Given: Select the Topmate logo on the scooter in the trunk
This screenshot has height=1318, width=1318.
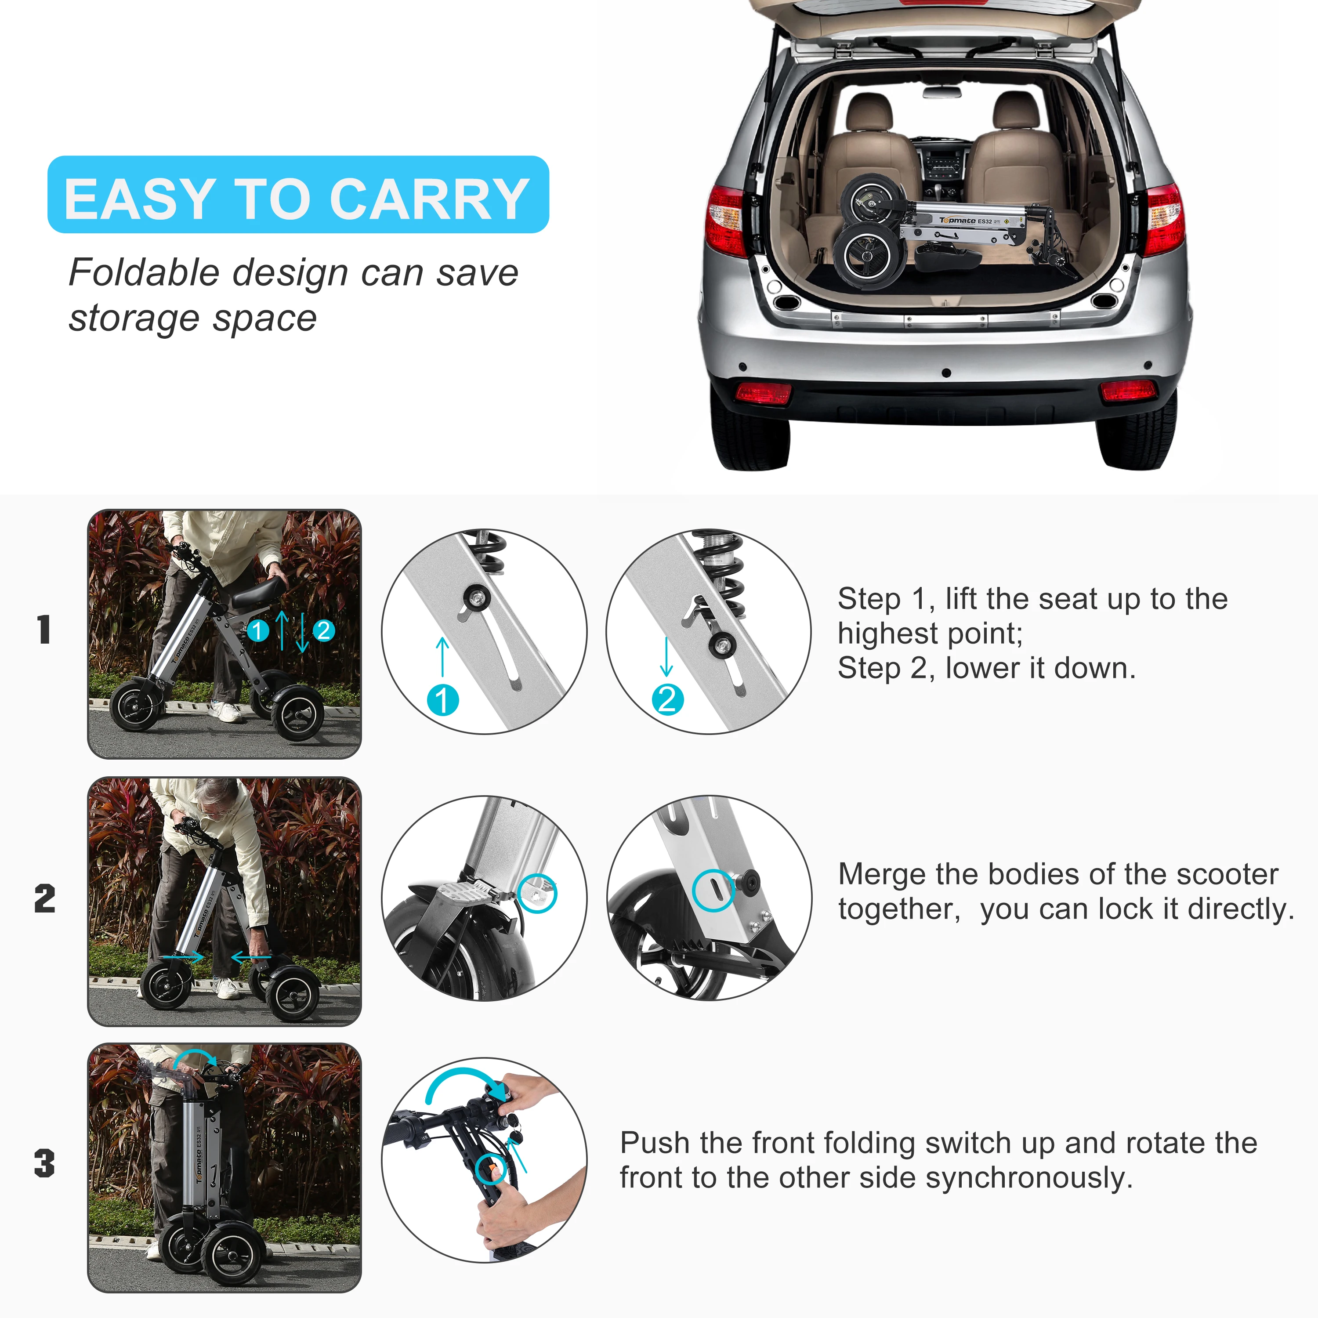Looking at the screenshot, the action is [x=958, y=221].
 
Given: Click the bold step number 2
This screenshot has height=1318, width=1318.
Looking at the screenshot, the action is [x=45, y=898].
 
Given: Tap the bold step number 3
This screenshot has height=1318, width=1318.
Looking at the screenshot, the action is [x=44, y=1163].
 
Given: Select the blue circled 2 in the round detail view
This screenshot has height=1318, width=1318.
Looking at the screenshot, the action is [x=667, y=700].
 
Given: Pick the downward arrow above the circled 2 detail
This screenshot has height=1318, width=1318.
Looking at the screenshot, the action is [x=666, y=657].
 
